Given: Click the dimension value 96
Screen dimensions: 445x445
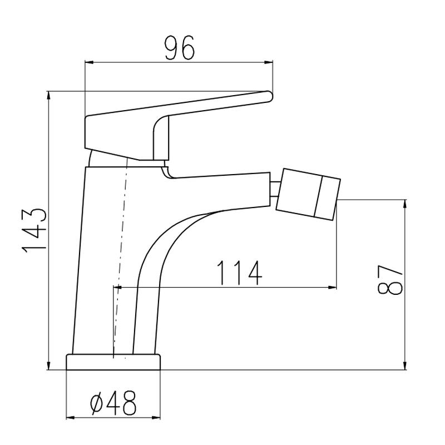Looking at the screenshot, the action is [x=180, y=48].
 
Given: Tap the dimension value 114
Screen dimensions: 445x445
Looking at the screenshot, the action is [x=239, y=273].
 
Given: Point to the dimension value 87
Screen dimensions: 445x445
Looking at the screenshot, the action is [x=390, y=280].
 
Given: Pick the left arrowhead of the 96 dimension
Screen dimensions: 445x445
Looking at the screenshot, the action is [x=90, y=62].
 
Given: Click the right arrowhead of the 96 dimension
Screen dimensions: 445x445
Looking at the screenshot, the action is [x=268, y=62].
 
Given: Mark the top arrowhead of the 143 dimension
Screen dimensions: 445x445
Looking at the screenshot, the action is [x=49, y=95].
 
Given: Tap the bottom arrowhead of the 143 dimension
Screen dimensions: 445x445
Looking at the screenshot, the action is [x=49, y=365].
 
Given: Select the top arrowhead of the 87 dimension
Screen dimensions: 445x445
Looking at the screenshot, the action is [x=406, y=204].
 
